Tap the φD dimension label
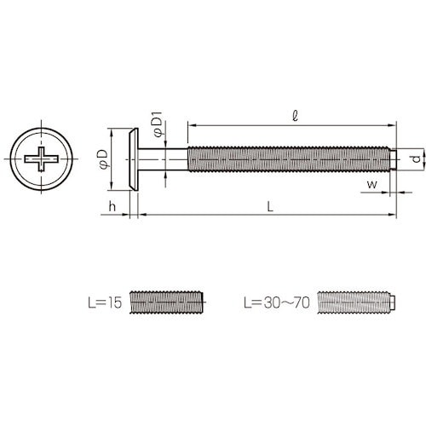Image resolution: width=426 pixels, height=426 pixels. (x=102, y=158)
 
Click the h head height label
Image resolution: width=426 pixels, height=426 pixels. (x=111, y=206)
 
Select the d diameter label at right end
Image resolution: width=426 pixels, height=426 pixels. (x=414, y=158)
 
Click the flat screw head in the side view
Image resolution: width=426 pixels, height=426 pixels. (x=134, y=158)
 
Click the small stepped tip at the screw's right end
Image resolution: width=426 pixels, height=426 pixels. (x=396, y=158)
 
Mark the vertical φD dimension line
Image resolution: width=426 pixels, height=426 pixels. (x=114, y=158)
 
